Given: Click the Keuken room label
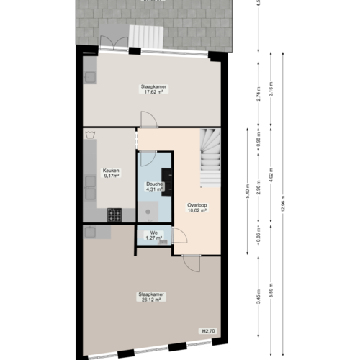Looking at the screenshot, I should click(x=111, y=171).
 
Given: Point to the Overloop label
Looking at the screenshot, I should click(x=197, y=204).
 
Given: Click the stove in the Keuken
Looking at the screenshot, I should click(x=114, y=214).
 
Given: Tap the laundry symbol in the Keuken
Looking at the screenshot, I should click(x=90, y=134).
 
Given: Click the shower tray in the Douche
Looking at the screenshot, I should click(x=148, y=210).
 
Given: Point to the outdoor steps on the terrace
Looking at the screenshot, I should click(x=148, y=34).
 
